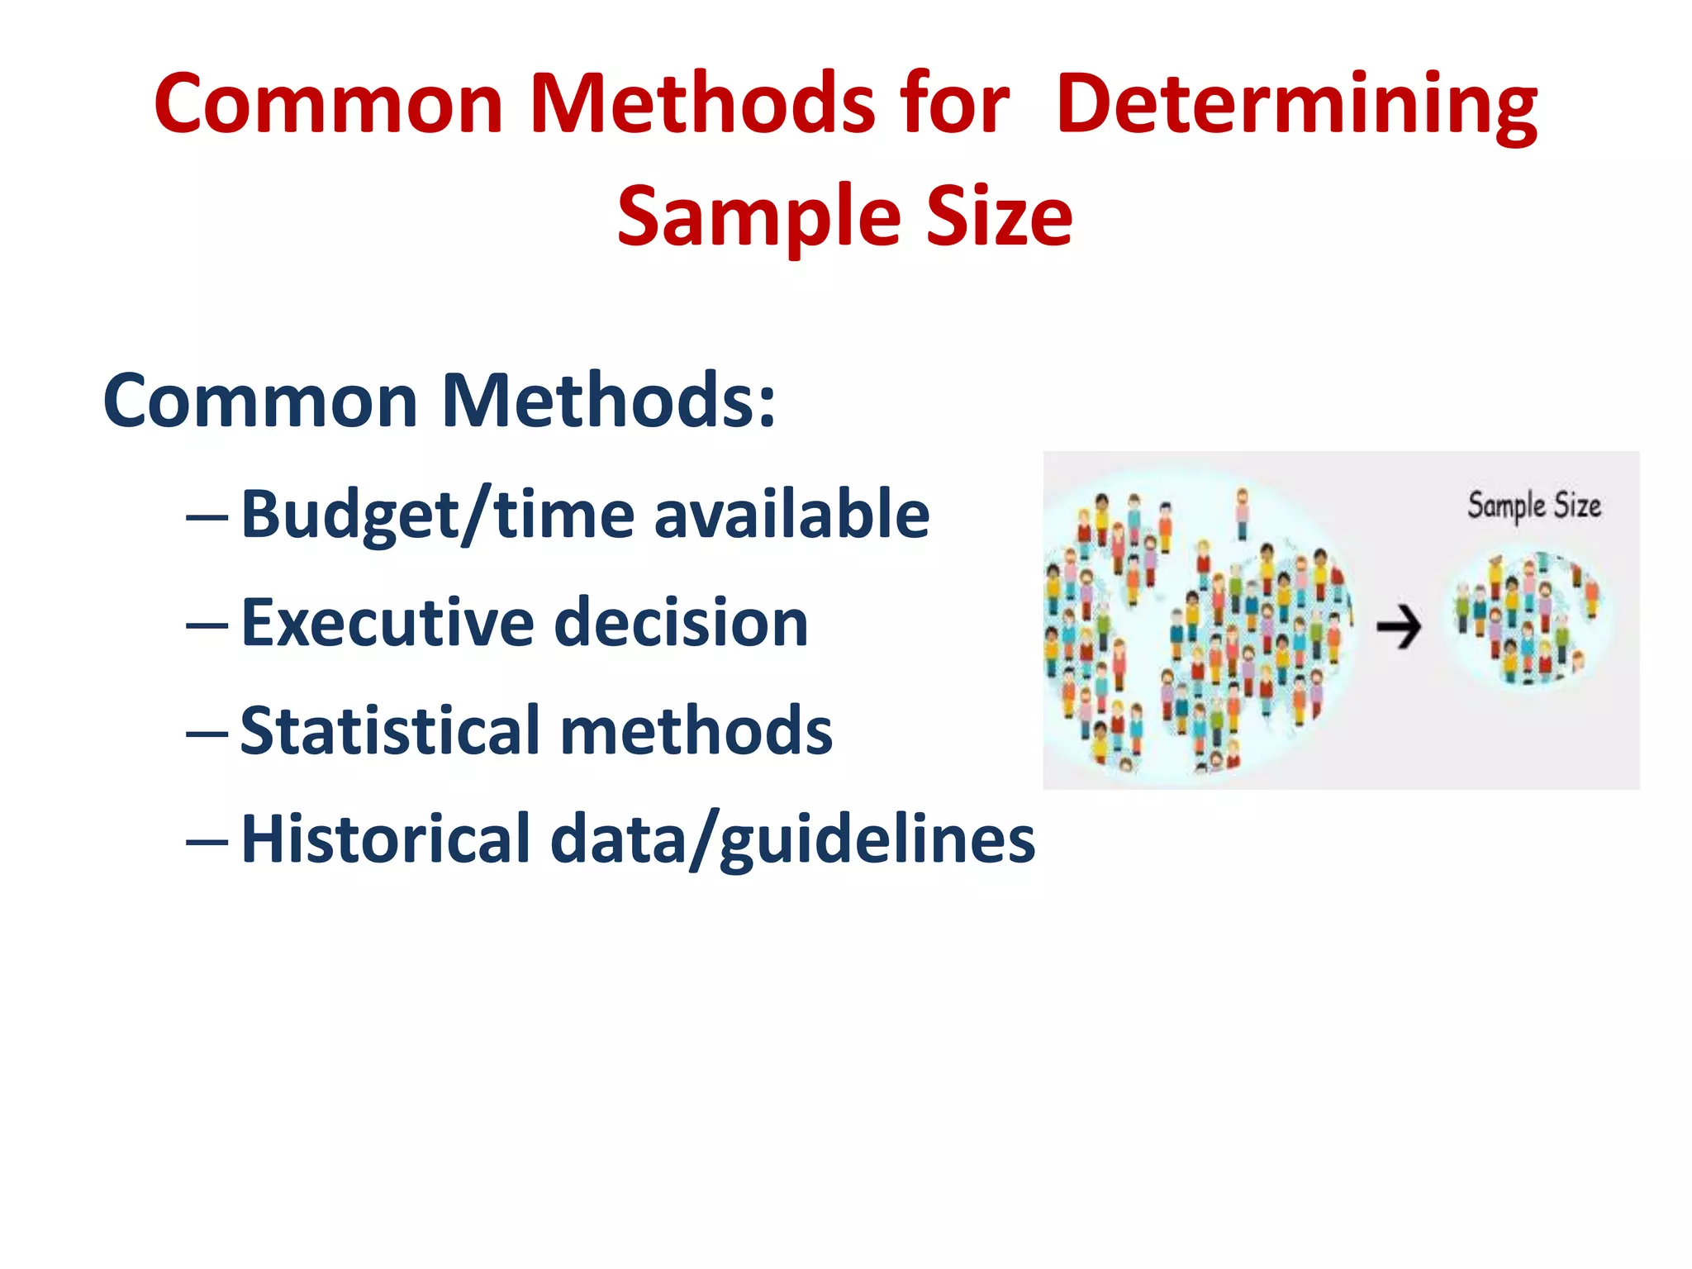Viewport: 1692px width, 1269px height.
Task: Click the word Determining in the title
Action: coord(1297,105)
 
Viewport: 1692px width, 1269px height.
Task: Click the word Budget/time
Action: coord(438,516)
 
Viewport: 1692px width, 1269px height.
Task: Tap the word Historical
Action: coord(385,839)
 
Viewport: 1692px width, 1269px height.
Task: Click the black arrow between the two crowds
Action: coord(1398,628)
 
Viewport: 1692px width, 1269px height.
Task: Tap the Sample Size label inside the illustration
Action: coord(1533,506)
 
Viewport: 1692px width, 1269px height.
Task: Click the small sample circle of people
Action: coord(1528,620)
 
